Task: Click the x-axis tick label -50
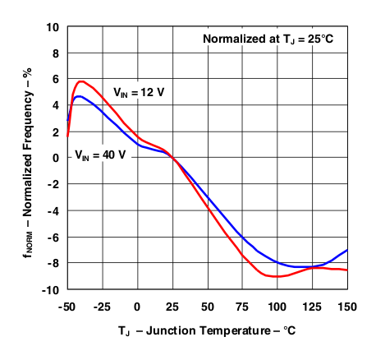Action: click(67, 307)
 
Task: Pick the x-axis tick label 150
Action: click(346, 307)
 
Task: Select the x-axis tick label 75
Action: click(242, 307)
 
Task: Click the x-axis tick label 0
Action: click(138, 307)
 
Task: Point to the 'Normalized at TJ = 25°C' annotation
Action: click(271, 39)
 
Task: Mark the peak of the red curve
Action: click(81, 81)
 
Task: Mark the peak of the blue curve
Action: click(78, 96)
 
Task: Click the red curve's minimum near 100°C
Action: click(277, 276)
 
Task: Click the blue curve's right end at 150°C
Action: click(347, 250)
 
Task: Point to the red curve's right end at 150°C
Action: click(347, 270)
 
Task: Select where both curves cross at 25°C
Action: click(173, 158)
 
